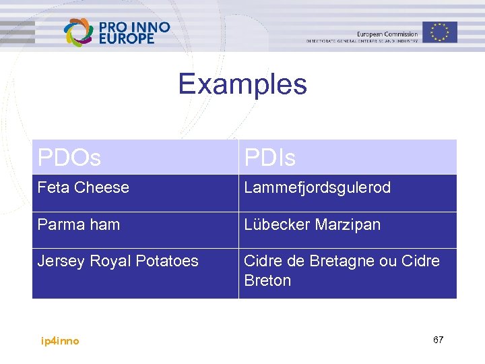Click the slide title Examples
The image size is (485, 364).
[x=243, y=85]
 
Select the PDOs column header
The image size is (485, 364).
[x=69, y=158]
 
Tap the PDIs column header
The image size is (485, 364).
[x=269, y=158]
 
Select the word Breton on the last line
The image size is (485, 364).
[x=267, y=280]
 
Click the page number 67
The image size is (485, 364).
[x=438, y=340]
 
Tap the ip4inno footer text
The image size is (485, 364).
[x=60, y=341]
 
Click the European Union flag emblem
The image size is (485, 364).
[x=440, y=31]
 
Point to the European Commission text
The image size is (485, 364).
[x=387, y=34]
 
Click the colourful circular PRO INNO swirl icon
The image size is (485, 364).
[x=79, y=32]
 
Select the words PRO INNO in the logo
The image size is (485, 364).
[x=134, y=27]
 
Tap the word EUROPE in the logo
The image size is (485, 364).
[x=127, y=39]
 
